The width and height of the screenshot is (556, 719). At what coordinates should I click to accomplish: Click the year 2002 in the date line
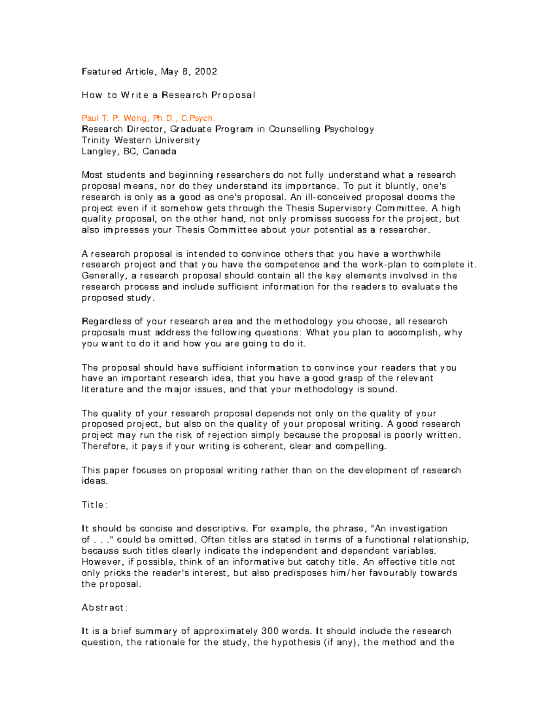click(x=206, y=71)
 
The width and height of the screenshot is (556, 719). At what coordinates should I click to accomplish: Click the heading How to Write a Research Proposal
click(x=168, y=95)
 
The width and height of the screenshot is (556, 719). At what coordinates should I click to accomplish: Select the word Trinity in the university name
click(x=96, y=140)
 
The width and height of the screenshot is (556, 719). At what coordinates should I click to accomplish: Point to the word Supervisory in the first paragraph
click(x=345, y=208)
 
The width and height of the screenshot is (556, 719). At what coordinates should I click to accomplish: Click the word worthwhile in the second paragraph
click(x=416, y=254)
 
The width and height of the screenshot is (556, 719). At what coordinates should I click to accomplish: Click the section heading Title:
click(x=95, y=505)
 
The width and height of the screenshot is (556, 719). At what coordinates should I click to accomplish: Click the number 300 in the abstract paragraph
click(x=270, y=631)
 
